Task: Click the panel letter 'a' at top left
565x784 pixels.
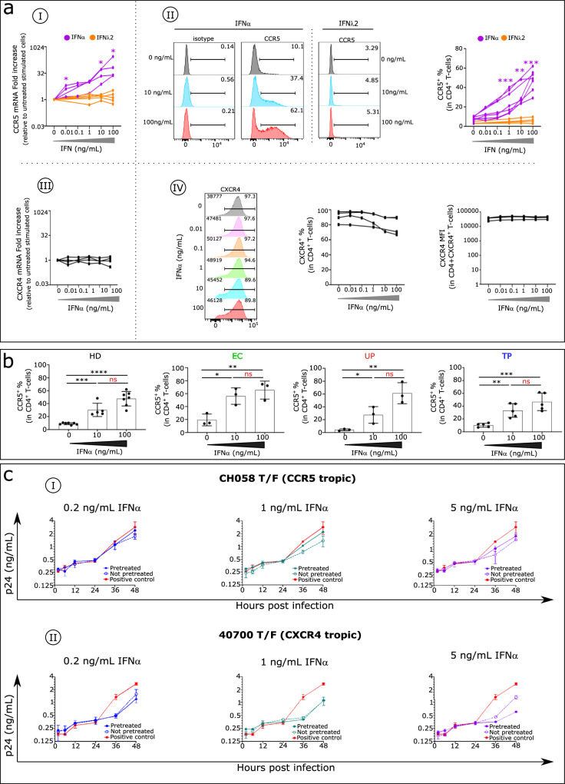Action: (x=9, y=9)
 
